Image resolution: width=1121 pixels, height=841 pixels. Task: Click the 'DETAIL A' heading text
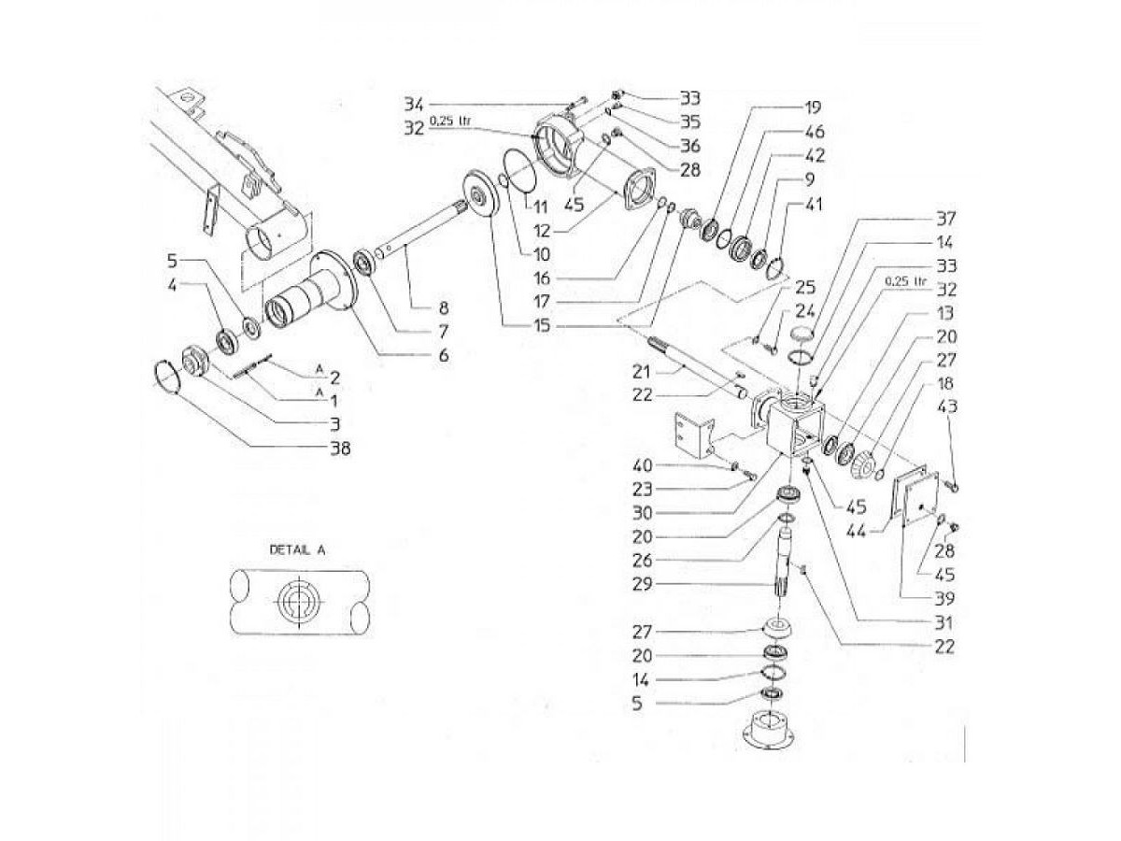(298, 549)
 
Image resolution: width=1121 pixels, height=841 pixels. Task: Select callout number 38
(340, 449)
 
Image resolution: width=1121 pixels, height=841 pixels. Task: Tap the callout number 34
(415, 102)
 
